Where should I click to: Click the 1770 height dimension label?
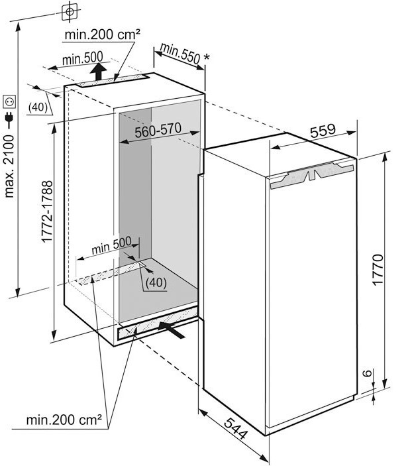pos(378,270)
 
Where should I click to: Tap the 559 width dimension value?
pos(323,131)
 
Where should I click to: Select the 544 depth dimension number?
pos(235,428)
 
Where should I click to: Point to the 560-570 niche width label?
pos(158,130)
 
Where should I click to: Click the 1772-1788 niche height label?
pos(47,211)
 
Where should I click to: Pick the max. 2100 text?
pos(9,166)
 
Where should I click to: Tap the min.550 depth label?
pos(180,53)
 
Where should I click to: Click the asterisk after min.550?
pos(207,57)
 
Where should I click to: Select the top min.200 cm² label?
pos(102,34)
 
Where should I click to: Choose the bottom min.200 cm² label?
pos(64,420)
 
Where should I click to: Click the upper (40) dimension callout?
pos(38,107)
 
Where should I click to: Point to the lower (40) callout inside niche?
pos(156,282)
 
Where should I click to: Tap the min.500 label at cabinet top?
pos(83,58)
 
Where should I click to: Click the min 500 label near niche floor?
pos(111,245)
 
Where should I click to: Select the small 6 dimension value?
pos(368,373)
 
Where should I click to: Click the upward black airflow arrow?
pos(98,72)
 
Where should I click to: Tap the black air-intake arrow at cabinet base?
pos(172,329)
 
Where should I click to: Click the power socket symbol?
pos(9,102)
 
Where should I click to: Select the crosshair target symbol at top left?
pos(70,11)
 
